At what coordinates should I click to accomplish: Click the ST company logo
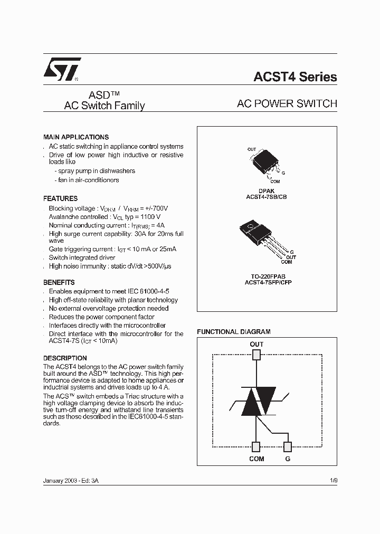(x=61, y=69)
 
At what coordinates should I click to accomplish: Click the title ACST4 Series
(x=295, y=77)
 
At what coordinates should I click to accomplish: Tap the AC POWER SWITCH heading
(x=287, y=104)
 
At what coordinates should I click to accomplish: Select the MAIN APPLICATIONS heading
(x=76, y=137)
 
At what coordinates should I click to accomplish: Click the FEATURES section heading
(x=60, y=199)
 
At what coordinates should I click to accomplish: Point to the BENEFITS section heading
(x=59, y=282)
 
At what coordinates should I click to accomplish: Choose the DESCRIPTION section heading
(x=65, y=358)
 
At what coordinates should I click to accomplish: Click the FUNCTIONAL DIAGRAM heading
(x=234, y=332)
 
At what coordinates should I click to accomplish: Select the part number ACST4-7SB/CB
(x=266, y=196)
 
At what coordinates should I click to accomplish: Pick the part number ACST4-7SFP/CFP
(x=266, y=283)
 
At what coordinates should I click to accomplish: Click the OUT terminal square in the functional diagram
(x=256, y=355)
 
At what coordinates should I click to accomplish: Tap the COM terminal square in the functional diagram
(x=256, y=447)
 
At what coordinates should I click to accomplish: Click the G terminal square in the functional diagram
(x=288, y=447)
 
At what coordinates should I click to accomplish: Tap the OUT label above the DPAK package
(x=252, y=149)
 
